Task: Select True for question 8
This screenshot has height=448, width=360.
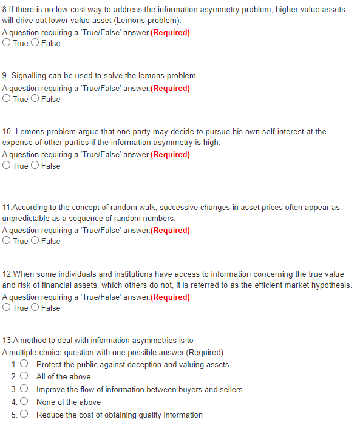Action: coord(6,43)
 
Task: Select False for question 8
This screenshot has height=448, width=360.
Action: coord(36,43)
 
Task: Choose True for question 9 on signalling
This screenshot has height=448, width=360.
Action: coord(6,99)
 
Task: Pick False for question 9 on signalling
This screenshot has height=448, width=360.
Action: coord(36,99)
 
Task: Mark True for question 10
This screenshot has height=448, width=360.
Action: coord(6,166)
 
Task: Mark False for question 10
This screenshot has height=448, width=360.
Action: coord(36,166)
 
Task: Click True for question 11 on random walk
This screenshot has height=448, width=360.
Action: coord(6,241)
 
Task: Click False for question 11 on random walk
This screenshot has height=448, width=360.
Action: coord(36,241)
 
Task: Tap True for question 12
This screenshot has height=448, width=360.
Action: coord(6,308)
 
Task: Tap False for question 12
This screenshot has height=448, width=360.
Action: coord(36,308)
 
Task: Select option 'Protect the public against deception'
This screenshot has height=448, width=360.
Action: coord(24,364)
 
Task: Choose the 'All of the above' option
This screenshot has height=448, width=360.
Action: coord(24,377)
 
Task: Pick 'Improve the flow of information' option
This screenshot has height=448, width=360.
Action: coord(24,389)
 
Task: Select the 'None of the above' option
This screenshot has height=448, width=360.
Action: coord(24,402)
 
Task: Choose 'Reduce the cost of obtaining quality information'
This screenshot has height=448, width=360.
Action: coord(24,415)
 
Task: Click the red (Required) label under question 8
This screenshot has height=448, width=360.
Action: coord(169,32)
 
